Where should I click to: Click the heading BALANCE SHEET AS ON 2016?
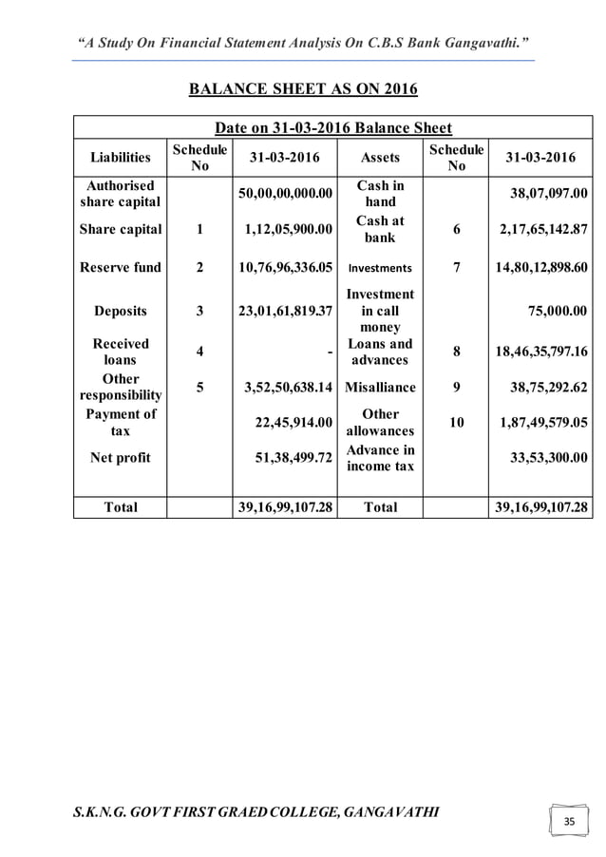[x=303, y=91]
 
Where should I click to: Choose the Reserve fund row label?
[x=120, y=268]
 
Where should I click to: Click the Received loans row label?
[x=120, y=352]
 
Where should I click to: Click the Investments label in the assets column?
[x=379, y=269]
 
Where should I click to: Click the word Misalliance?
[x=379, y=388]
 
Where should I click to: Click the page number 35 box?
[x=569, y=819]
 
